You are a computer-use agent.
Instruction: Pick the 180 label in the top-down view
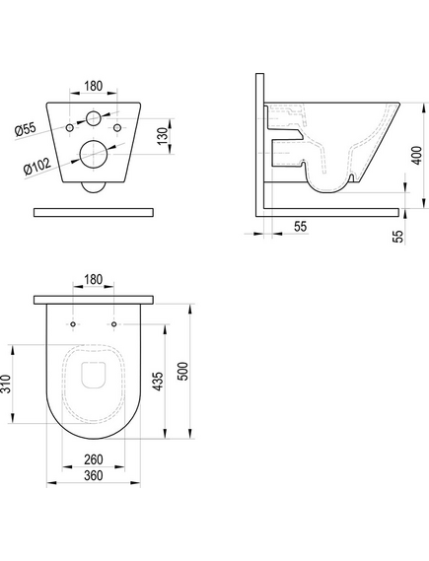pyautogui.click(x=95, y=279)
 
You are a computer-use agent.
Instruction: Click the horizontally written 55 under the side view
pyautogui.click(x=300, y=227)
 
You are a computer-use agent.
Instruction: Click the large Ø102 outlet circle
pyautogui.click(x=95, y=154)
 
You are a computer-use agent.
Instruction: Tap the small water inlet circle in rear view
pyautogui.click(x=94, y=119)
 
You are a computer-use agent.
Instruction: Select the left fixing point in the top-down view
pyautogui.click(x=74, y=324)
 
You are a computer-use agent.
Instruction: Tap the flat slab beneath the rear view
pyautogui.click(x=95, y=211)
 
